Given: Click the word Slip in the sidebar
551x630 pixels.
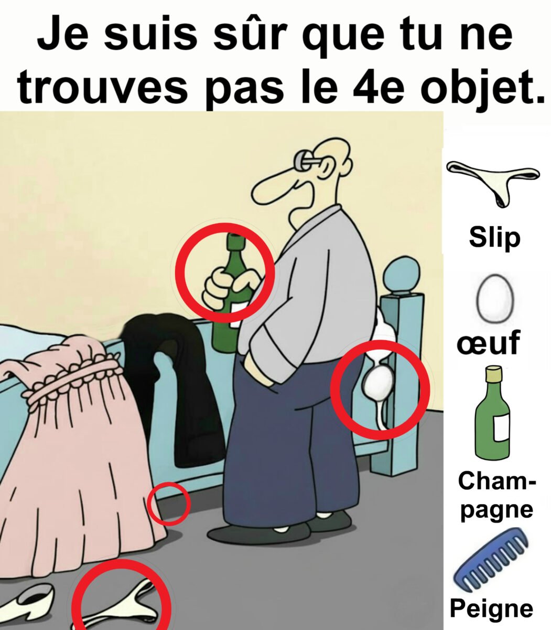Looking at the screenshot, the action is tap(495, 238).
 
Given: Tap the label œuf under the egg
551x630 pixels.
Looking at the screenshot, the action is tap(488, 343).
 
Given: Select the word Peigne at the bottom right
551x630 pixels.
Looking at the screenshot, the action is tap(491, 608).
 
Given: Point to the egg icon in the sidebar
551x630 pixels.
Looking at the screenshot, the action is tap(495, 298).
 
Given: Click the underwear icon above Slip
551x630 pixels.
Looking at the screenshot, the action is tap(493, 182).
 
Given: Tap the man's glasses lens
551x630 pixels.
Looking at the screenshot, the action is tap(300, 159).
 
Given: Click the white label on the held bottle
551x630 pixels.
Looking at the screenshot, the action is tap(237, 314).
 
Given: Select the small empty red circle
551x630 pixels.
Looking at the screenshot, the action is tap(168, 504).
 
